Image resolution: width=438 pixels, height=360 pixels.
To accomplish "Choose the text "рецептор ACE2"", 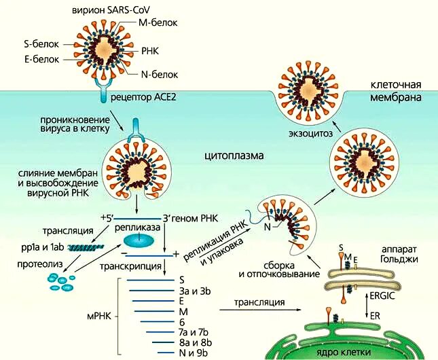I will (x=147, y=97).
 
